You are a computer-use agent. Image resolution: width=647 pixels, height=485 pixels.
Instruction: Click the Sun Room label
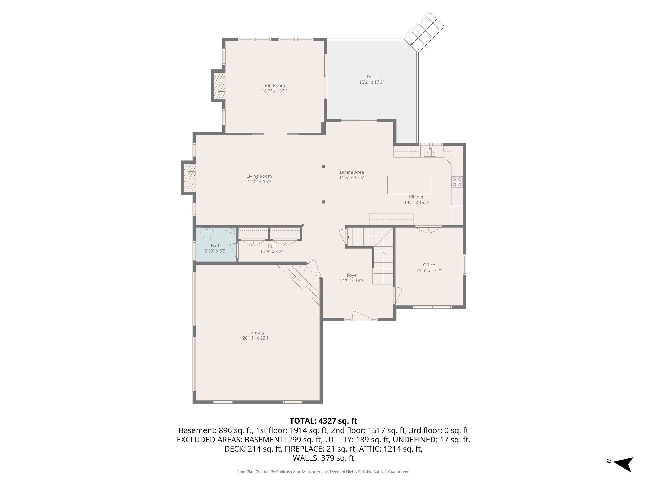coord(274,85)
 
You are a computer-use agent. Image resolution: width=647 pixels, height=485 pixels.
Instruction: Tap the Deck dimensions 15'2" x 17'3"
coord(372,82)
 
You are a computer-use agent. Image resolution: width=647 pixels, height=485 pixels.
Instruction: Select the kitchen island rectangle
coord(409,185)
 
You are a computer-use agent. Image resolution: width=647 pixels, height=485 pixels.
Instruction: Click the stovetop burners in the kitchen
coord(457,181)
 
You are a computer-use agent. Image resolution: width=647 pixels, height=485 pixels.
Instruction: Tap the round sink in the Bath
coord(230,233)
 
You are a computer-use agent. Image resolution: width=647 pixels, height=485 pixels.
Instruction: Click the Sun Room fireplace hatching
coord(220,86)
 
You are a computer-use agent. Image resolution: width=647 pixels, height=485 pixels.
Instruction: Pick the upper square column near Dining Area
coord(323,167)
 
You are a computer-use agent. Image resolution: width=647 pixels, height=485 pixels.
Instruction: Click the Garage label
coord(258,332)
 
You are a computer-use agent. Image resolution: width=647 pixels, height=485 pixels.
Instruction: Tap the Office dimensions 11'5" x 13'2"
coord(429,270)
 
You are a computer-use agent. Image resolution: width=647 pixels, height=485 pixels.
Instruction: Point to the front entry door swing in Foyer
coord(361,316)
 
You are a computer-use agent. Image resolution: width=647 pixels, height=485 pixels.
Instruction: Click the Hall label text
coord(271,246)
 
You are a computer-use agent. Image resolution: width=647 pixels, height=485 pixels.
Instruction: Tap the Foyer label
coord(352,275)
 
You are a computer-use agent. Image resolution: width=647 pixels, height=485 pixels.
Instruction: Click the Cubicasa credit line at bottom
coord(323,472)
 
